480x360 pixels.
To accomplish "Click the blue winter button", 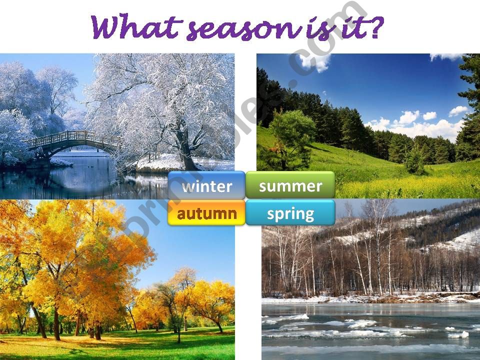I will tap(206, 186).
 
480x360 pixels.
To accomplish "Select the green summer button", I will tap(290, 185).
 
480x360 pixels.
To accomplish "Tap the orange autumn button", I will tap(206, 213).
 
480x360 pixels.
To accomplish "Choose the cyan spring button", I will tap(290, 213).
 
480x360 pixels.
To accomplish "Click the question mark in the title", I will tap(374, 27).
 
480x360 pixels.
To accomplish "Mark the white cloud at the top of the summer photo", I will tap(315, 61).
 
